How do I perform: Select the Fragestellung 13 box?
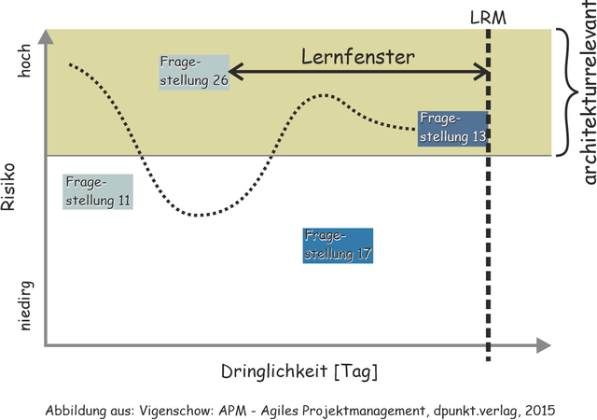click(452, 128)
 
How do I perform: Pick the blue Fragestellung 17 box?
click(338, 245)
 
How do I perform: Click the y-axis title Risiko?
click(11, 187)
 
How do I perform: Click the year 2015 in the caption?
click(537, 410)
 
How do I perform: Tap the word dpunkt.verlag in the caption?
click(472, 410)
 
